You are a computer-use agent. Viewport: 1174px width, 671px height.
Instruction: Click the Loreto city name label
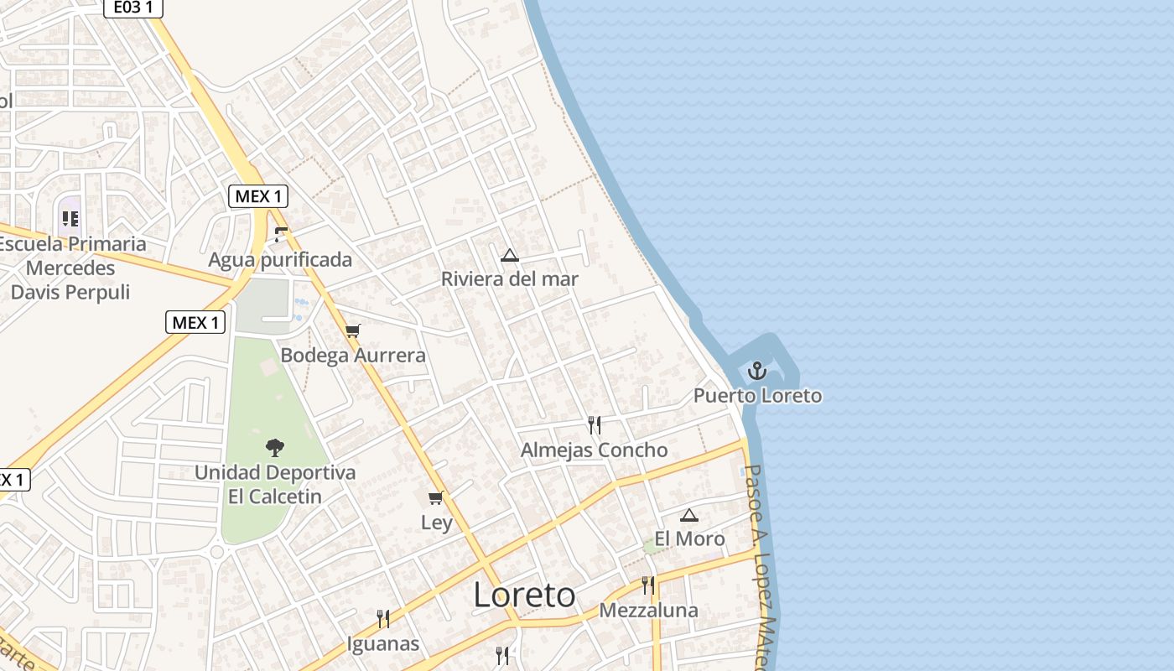tap(524, 595)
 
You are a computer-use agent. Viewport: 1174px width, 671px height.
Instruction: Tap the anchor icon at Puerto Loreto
tap(757, 370)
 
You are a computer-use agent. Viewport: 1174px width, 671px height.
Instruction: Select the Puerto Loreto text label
tap(757, 395)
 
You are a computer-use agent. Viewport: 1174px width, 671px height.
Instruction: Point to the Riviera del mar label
tap(510, 279)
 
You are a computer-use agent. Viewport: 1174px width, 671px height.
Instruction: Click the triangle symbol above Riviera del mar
tap(509, 255)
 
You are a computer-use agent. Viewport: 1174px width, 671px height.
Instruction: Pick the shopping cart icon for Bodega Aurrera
tap(353, 330)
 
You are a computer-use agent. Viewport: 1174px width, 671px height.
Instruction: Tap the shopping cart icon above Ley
tap(435, 498)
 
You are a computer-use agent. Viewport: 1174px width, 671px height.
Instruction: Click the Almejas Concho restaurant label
tap(594, 450)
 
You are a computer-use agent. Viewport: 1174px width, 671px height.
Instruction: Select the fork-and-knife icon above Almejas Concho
tap(594, 425)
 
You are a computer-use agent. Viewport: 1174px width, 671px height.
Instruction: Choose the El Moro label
tap(689, 538)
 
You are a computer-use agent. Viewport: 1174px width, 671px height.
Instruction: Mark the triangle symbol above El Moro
tap(688, 515)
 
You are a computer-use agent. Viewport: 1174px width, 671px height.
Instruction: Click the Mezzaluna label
tap(648, 610)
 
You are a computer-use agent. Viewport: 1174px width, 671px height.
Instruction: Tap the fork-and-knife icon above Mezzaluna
tap(647, 585)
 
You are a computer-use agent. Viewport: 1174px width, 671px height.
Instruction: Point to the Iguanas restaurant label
tap(383, 644)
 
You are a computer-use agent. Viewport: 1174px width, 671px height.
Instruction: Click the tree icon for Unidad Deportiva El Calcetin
tap(274, 448)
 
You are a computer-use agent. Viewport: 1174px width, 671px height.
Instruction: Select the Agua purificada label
tap(280, 260)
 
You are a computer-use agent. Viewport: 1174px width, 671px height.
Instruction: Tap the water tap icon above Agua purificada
tap(281, 235)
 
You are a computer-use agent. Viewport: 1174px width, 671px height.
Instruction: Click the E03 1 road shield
tap(133, 8)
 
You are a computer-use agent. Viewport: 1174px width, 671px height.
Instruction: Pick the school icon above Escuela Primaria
tap(70, 219)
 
